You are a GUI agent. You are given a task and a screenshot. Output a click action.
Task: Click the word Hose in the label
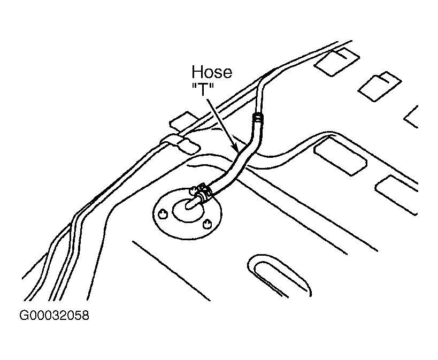[212, 72]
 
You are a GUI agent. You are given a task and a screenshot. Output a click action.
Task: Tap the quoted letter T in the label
[203, 89]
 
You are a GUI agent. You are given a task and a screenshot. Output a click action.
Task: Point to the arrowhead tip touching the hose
[235, 150]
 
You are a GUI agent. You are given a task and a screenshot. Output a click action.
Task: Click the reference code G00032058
[54, 316]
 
